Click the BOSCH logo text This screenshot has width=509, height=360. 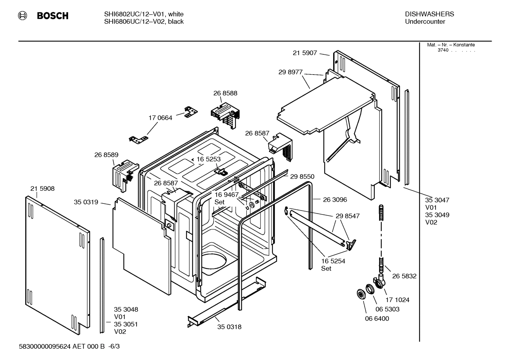(x=52, y=16)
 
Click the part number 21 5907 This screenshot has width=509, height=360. (x=305, y=53)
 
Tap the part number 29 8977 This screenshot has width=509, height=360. (x=290, y=72)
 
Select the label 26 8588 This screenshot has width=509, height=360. (x=225, y=93)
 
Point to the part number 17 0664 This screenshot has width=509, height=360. (x=160, y=118)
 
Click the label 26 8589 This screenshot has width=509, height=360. (x=106, y=155)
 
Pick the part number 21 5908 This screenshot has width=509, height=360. (x=42, y=189)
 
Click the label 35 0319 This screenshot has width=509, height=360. (x=86, y=202)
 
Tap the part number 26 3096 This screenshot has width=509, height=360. (x=335, y=200)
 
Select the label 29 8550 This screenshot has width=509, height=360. (x=302, y=177)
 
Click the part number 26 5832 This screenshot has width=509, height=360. (x=404, y=276)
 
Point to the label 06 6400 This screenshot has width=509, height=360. (x=377, y=319)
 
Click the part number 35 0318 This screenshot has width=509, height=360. (x=229, y=327)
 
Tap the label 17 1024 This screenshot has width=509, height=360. (x=397, y=300)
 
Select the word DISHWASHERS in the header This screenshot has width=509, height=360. (x=429, y=14)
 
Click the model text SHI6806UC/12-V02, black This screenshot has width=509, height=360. (x=144, y=22)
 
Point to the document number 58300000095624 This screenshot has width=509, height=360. (x=45, y=347)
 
